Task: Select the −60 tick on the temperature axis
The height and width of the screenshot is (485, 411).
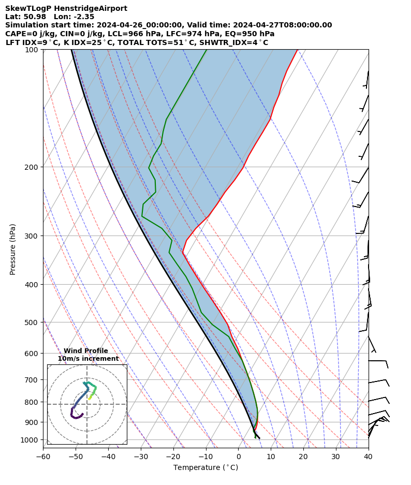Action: [43, 457]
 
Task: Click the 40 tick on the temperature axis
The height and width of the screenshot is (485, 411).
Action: [369, 457]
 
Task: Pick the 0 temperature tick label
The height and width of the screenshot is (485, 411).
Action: [238, 457]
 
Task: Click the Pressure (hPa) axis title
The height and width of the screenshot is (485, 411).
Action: [13, 249]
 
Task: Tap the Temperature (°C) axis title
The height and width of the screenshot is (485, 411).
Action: [205, 468]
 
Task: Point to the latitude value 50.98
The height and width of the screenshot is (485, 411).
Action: [35, 17]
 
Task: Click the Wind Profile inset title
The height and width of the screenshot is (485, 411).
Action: [86, 351]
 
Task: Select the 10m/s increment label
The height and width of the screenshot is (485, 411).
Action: [88, 359]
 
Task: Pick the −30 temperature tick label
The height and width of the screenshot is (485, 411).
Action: [141, 457]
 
